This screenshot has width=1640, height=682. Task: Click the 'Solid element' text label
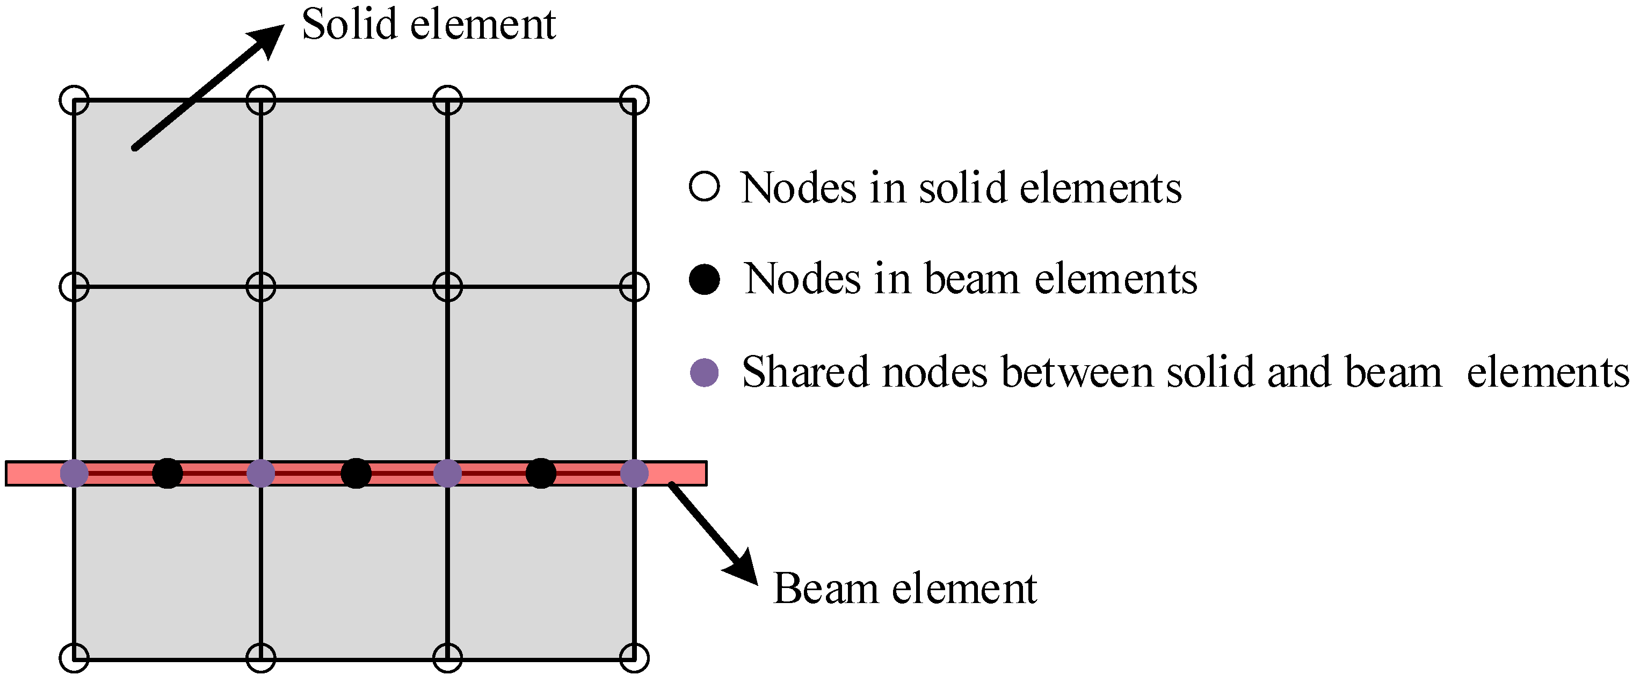coord(429,25)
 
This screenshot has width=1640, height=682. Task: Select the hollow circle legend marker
coord(704,187)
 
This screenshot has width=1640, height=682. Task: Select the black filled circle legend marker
coord(704,279)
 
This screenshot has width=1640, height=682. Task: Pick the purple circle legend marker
coord(704,373)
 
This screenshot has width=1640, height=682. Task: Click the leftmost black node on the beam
coord(168,474)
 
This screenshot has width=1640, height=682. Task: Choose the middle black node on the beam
coord(356,474)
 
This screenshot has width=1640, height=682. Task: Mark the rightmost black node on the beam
coord(541,474)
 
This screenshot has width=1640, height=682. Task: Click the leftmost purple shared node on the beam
coord(75,474)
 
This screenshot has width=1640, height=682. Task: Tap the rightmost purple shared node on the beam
coord(634,474)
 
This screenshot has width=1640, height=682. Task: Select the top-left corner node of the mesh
coord(75,100)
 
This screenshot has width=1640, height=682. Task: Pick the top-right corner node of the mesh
coord(634,100)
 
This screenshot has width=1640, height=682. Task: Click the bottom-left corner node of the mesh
coord(75,658)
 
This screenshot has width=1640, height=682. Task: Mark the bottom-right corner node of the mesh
coord(634,658)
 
